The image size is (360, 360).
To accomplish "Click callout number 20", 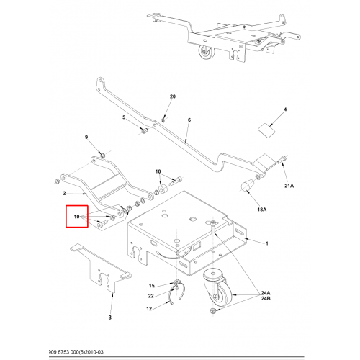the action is [x=173, y=96].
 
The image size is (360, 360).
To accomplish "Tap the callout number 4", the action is [x=285, y=109].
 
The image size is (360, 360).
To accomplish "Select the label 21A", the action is [x=289, y=186].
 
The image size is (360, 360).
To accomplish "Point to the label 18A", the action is [x=262, y=210].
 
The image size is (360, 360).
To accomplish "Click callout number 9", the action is [x=86, y=137].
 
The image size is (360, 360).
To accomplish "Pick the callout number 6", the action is [x=189, y=120].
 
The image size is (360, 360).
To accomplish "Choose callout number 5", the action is [x=124, y=117].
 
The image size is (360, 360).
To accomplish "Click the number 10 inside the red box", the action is [x=76, y=217].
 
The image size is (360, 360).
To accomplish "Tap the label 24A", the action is [x=266, y=293].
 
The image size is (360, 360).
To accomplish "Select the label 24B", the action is [x=266, y=299].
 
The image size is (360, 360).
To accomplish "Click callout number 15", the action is [x=152, y=286].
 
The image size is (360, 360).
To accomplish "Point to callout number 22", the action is [x=150, y=296].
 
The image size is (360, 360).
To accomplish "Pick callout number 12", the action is [x=149, y=309].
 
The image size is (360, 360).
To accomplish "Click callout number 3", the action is [x=110, y=318].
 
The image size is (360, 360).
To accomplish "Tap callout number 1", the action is [x=266, y=243].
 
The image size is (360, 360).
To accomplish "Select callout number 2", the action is [x=64, y=193].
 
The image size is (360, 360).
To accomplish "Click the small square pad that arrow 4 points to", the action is [x=266, y=130].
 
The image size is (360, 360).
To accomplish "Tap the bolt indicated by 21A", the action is [x=282, y=160].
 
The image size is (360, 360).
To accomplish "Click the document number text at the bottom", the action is [x=76, y=352].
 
